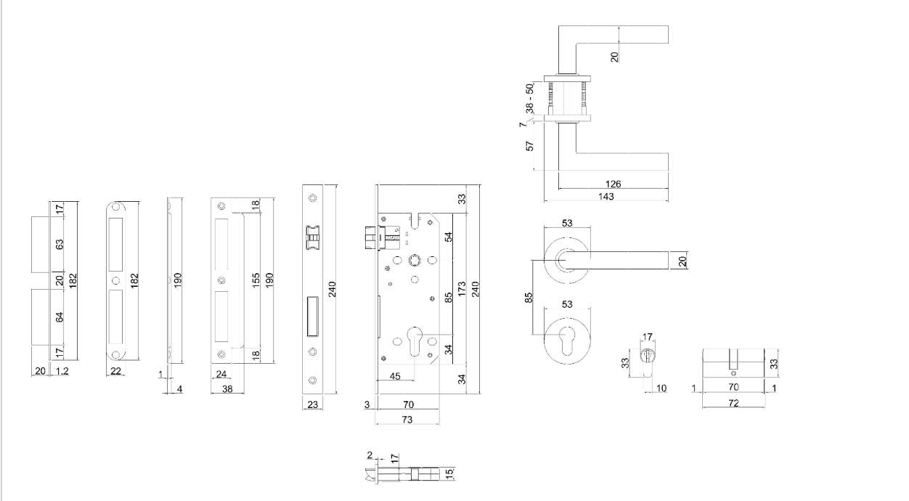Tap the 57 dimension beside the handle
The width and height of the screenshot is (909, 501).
click(530, 146)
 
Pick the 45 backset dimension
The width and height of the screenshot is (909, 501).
click(396, 375)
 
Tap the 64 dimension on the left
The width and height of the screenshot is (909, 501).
click(60, 317)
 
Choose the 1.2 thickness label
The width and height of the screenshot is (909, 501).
click(62, 371)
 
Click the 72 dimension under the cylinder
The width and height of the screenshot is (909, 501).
click(734, 402)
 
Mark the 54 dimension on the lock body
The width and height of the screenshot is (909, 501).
click(448, 237)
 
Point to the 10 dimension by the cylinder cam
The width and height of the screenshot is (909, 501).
click(661, 389)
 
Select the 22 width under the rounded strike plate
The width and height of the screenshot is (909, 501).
click(115, 371)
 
